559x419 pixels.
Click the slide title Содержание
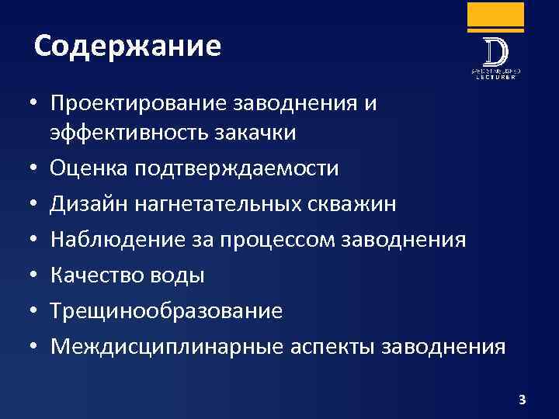click(128, 47)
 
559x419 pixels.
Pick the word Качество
click(96, 275)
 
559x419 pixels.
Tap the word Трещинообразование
click(166, 310)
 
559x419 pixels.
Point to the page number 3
click(522, 400)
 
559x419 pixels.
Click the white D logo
click(495, 52)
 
